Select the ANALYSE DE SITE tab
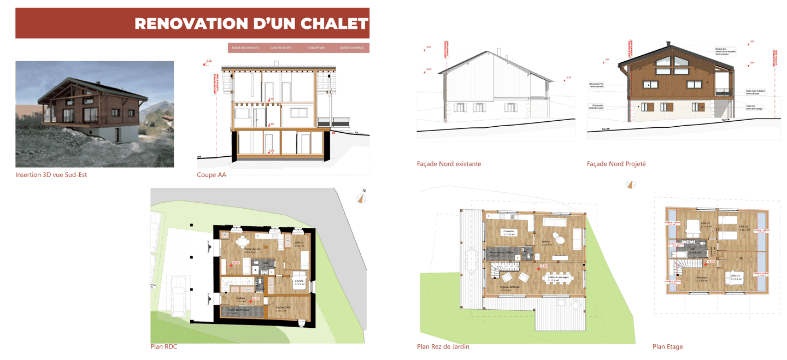(281, 48)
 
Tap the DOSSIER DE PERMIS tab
(351, 48)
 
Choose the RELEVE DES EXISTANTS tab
(245, 48)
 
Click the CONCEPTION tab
(316, 48)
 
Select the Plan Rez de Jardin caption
(443, 346)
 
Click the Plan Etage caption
(667, 346)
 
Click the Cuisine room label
(508, 232)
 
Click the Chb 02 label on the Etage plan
(743, 227)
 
